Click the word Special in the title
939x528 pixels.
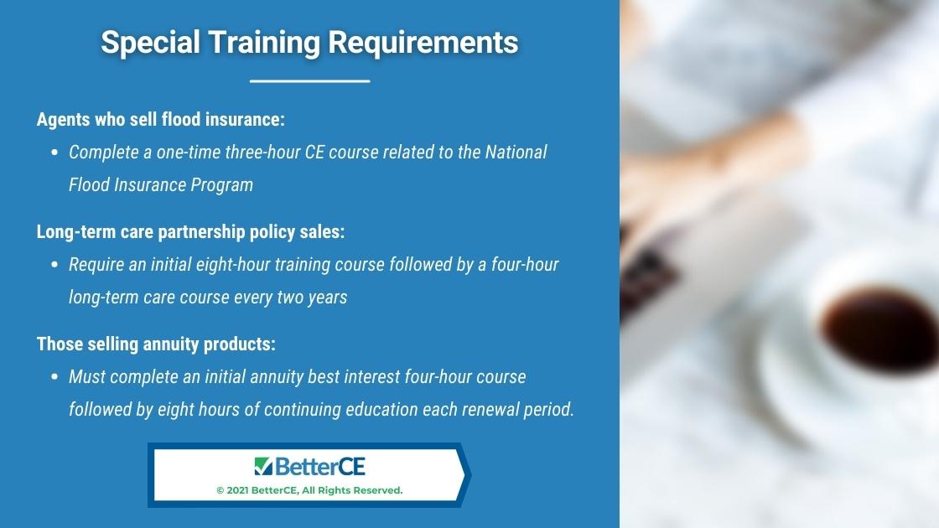pos(150,43)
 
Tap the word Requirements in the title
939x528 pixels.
pos(423,43)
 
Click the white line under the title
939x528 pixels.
pos(309,80)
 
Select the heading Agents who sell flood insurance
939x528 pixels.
pos(160,119)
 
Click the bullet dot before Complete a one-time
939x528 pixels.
pos(54,153)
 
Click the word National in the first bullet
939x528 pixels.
pos(516,152)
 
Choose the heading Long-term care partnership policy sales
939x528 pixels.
pos(190,231)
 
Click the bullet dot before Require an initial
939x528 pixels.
pos(54,265)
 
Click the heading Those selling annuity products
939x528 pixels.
pos(156,344)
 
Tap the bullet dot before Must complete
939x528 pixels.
pos(54,377)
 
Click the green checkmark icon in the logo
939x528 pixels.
pos(263,466)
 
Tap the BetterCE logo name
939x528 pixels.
pos(319,466)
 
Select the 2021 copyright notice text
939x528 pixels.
pos(309,490)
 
